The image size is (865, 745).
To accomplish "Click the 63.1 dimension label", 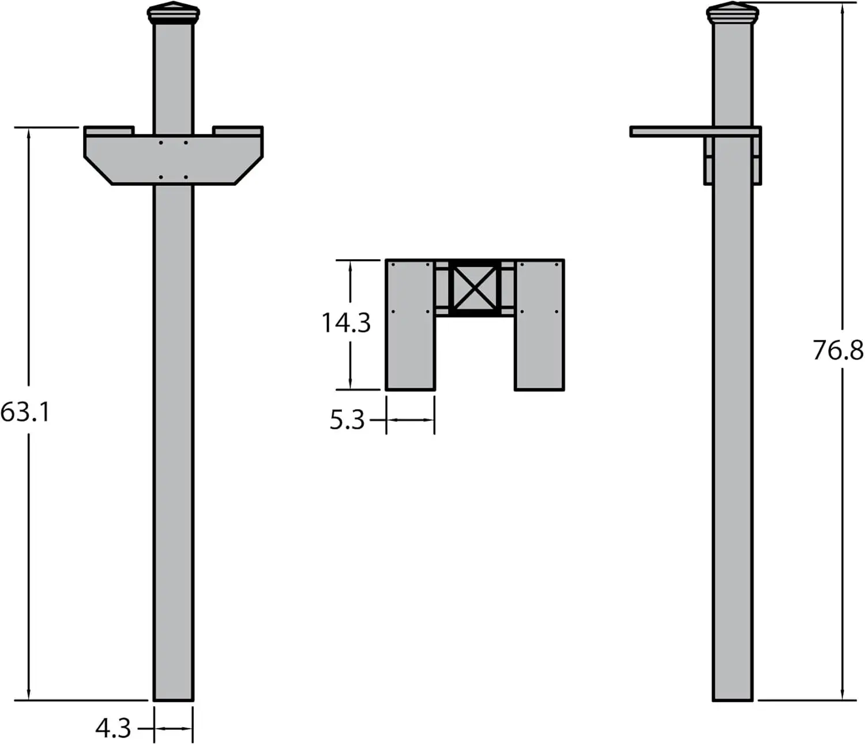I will (x=25, y=412).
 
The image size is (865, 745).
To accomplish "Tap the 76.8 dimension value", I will (x=838, y=350).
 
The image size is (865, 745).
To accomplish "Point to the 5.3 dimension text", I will (x=347, y=420).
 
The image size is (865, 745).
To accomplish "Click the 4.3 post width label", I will (x=114, y=728).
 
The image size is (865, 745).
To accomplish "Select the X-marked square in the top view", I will (x=474, y=288).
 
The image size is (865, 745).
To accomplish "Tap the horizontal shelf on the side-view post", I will (x=669, y=132).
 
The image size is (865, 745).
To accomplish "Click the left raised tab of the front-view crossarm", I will (x=110, y=130).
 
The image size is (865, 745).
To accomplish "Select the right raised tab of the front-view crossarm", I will (x=238, y=130).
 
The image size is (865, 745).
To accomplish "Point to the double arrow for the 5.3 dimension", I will (x=410, y=420).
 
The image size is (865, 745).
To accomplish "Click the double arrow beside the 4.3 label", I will (x=174, y=728).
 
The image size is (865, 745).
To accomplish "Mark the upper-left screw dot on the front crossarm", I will (x=161, y=142).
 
